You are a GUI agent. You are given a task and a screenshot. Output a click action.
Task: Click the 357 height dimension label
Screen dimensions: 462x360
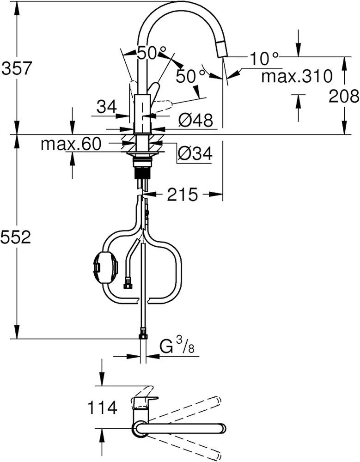pos(17,69)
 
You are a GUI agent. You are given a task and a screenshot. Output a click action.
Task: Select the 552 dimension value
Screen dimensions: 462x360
pos(16,237)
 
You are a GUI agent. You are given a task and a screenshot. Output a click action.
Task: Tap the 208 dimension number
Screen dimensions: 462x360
pos(343,96)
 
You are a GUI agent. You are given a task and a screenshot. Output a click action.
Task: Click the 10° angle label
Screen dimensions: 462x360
pos(265,59)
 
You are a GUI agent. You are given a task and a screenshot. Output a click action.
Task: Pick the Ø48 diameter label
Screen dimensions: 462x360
pos(195,121)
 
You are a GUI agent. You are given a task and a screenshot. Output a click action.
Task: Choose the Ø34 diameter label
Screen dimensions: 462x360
pos(195,153)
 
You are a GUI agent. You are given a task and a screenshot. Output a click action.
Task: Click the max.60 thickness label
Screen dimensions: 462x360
pos(70,144)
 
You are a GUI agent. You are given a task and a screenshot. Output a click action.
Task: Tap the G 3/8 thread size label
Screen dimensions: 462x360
pos(177,346)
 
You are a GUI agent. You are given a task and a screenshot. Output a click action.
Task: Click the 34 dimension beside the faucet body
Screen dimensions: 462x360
pos(107,108)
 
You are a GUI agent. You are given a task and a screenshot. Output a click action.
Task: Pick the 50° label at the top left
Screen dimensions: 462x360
pos(147,53)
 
